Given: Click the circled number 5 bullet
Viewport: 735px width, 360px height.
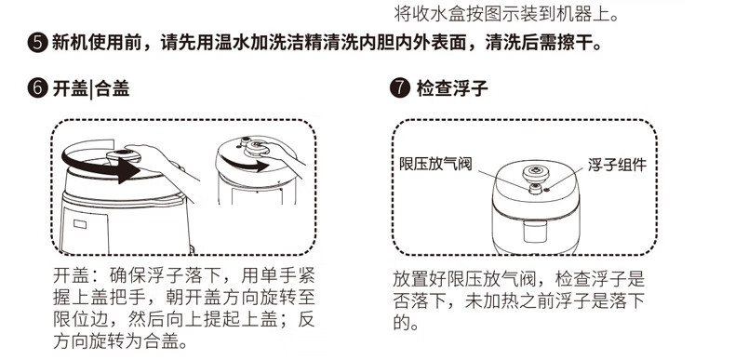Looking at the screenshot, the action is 38,43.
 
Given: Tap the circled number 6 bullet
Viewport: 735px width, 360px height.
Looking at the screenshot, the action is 38,88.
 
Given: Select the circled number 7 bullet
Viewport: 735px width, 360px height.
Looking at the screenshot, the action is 400,88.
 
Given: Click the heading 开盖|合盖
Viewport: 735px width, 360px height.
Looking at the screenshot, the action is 91,88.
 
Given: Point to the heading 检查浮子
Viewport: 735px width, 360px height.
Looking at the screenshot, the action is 452,88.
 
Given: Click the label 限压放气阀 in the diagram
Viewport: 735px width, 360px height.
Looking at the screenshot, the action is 435,164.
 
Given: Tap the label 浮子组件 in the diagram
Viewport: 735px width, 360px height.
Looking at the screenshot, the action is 618,165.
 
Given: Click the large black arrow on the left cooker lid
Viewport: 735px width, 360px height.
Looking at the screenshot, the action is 100,164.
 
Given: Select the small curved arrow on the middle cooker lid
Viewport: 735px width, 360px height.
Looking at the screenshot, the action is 246,163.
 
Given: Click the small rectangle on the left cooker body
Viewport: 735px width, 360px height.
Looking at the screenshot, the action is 80,224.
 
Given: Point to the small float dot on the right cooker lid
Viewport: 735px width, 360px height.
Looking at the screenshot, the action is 546,190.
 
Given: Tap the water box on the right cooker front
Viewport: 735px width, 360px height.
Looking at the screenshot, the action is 535,232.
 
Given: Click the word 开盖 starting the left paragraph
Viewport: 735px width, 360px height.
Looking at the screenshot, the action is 71,276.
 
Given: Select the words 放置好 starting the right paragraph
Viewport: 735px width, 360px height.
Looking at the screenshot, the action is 420,279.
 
